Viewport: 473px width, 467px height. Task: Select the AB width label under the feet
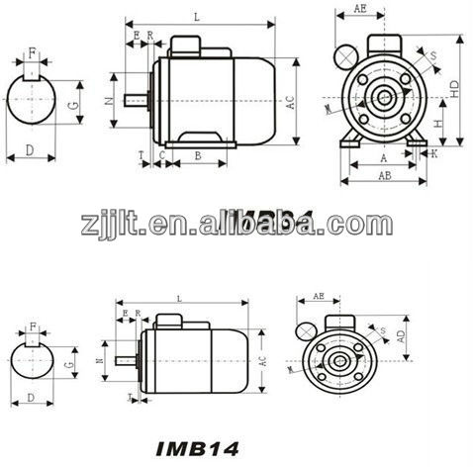click(x=381, y=174)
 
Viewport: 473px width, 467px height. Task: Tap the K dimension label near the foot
click(x=434, y=154)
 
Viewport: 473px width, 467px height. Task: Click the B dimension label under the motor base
click(x=198, y=155)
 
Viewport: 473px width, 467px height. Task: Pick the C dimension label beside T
click(x=159, y=155)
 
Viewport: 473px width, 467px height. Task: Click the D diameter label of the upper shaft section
click(x=30, y=149)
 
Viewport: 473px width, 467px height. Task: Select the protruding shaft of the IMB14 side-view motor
click(x=125, y=362)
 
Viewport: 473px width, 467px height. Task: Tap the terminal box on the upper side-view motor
click(x=188, y=45)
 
